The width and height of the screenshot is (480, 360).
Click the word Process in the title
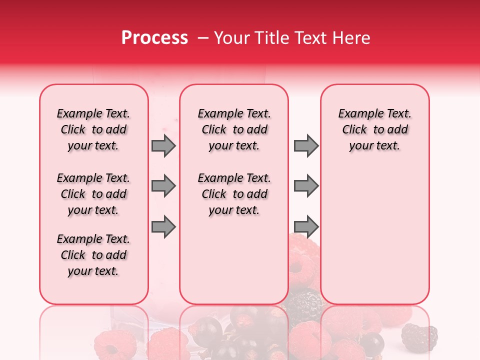(x=154, y=37)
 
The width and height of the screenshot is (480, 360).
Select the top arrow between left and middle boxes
(x=163, y=146)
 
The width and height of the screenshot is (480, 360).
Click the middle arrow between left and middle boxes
(x=163, y=186)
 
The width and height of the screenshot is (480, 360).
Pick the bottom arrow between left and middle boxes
(x=163, y=227)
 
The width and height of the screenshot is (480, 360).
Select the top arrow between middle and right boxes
(x=306, y=146)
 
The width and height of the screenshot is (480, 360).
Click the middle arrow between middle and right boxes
(x=306, y=186)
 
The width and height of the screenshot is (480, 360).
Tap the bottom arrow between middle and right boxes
(x=306, y=227)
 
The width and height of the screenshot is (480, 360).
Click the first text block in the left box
(x=93, y=129)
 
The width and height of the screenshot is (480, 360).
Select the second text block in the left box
(x=93, y=194)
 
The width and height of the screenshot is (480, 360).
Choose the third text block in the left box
(x=93, y=255)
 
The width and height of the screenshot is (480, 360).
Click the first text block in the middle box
(x=234, y=129)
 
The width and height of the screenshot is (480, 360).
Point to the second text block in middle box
(x=234, y=194)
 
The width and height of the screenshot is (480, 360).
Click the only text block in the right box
(x=374, y=129)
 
